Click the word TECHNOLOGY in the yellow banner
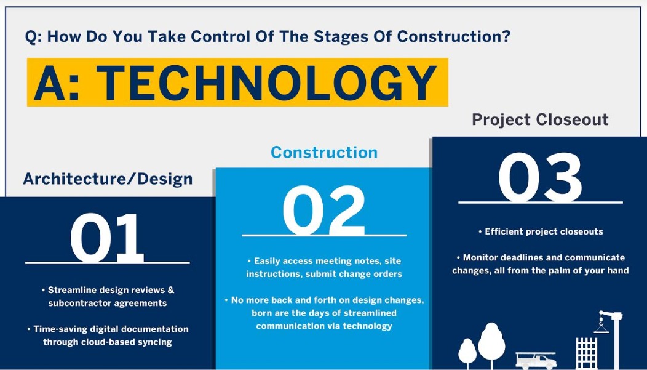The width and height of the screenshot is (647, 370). pyautogui.click(x=267, y=83)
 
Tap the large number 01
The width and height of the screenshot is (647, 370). pyautogui.click(x=107, y=238)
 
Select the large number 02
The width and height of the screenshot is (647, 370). pyautogui.click(x=324, y=211)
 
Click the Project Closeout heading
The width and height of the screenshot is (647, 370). pyautogui.click(x=540, y=120)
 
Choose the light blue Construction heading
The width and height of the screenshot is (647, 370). pyautogui.click(x=324, y=153)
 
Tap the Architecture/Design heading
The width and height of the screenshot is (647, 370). pyautogui.click(x=108, y=179)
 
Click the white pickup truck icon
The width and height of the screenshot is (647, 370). pyautogui.click(x=536, y=361)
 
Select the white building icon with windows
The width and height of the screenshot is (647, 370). pyautogui.click(x=586, y=353)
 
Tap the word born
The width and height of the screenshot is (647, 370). pyautogui.click(x=262, y=313)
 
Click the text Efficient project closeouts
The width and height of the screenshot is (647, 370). pyautogui.click(x=544, y=231)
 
